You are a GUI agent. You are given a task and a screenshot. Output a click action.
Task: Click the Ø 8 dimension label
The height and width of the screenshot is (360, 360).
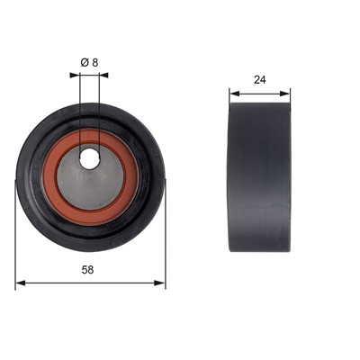[89, 63]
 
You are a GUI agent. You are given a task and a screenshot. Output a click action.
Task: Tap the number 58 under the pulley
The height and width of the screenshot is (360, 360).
[87, 270]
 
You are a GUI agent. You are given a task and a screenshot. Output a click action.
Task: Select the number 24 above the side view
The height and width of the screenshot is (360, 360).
[260, 80]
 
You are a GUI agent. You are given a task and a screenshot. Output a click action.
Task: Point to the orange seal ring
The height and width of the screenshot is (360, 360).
[47, 177]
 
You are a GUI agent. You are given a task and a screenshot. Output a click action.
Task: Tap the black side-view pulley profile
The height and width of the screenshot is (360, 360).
[259, 177]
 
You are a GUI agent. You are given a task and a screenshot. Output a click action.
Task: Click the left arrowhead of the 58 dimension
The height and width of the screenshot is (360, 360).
[21, 283]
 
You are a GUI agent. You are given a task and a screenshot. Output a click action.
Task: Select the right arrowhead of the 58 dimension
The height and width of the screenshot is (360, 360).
[159, 283]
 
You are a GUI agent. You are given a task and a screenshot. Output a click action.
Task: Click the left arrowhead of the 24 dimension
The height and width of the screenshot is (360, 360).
[235, 94]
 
